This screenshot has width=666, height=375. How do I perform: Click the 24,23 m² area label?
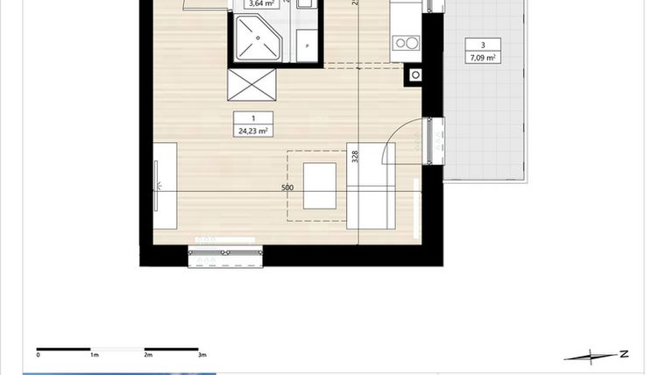point(252,131)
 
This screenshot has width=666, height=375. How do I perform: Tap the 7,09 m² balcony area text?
point(483,58)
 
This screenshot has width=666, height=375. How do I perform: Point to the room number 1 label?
point(252,118)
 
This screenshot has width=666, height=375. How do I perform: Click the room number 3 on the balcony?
point(483,45)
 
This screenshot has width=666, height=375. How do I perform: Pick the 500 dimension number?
point(287,187)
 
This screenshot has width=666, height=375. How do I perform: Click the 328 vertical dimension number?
point(355,157)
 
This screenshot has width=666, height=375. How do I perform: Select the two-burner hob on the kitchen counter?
point(406,41)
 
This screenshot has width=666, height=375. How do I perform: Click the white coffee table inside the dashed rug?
point(319,186)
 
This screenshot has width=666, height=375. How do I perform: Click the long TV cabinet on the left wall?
point(165,186)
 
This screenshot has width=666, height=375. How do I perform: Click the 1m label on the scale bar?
point(94,355)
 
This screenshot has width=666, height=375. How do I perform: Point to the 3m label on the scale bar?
point(202,355)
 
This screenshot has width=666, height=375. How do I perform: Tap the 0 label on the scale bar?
point(39,355)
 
